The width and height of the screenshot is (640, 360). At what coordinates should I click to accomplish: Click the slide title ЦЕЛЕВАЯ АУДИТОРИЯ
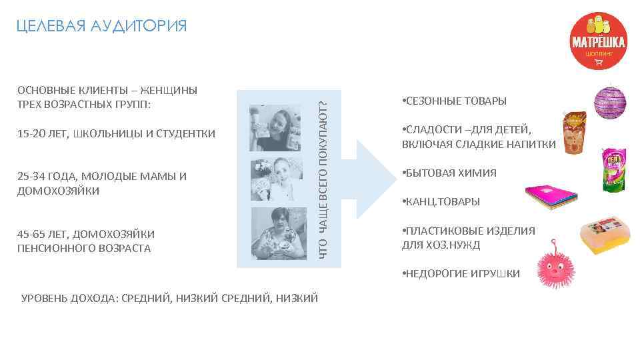point(101,26)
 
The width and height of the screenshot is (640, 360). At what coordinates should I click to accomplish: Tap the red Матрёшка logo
point(598,41)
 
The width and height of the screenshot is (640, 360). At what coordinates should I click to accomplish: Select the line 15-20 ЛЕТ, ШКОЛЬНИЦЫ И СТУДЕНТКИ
point(116,134)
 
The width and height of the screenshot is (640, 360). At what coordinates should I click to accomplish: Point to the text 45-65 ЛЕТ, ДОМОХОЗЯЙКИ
point(86,234)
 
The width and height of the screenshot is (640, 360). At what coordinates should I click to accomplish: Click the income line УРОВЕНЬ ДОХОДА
point(170,298)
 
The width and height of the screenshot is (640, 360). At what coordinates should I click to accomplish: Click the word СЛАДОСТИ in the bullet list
point(429,130)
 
